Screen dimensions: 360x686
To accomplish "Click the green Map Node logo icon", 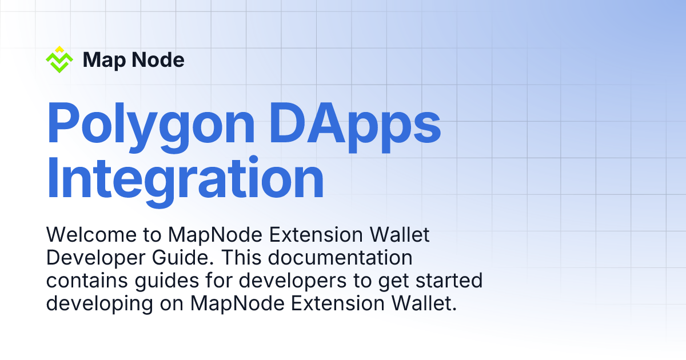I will tap(59, 61).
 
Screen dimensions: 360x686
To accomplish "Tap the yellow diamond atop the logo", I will tap(59, 49).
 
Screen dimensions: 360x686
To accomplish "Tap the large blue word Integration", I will tap(185, 178).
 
